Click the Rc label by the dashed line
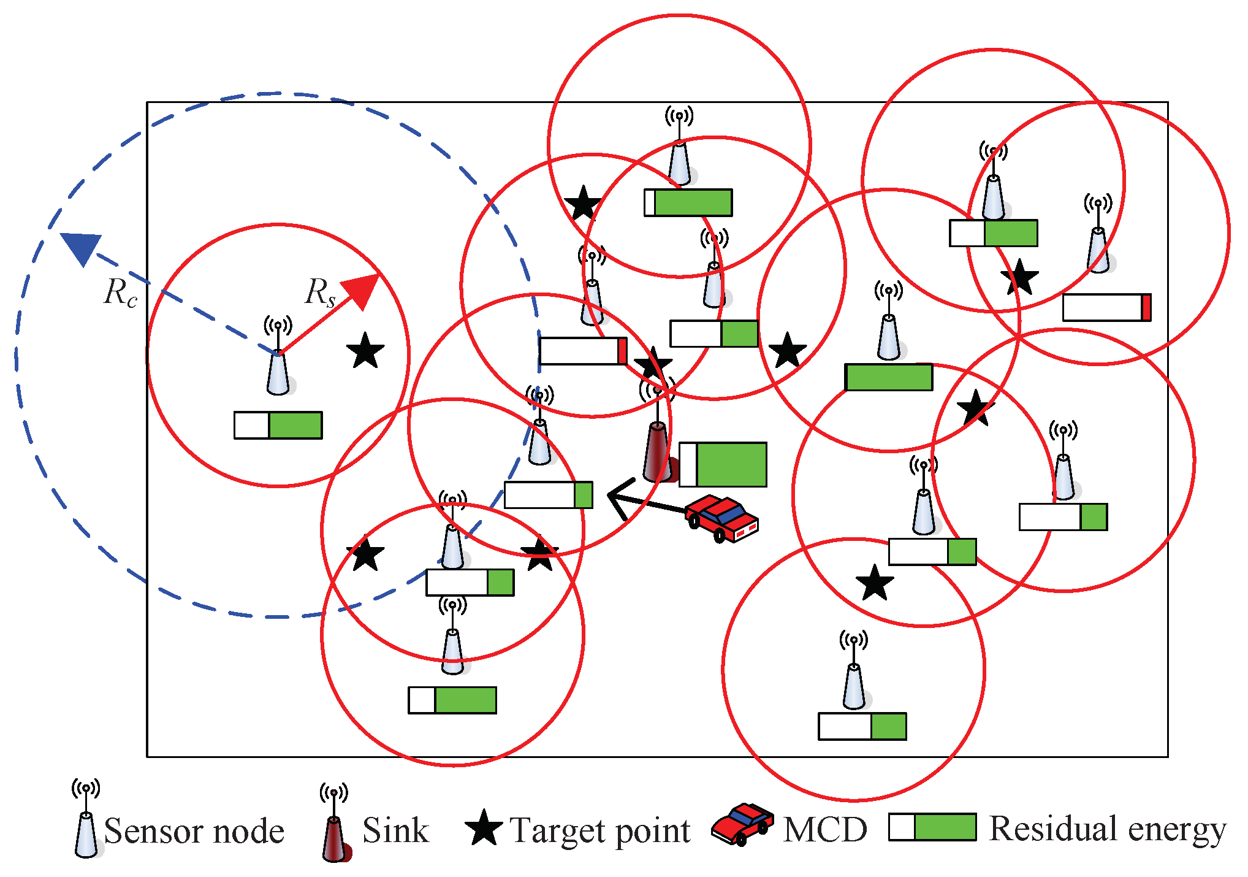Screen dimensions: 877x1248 (x=120, y=293)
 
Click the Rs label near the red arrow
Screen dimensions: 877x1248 (x=320, y=293)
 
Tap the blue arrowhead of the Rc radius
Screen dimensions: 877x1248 (x=81, y=247)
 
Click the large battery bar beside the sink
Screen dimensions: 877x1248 (x=723, y=465)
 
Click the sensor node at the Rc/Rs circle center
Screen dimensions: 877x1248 (x=278, y=372)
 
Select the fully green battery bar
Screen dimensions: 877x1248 (x=889, y=377)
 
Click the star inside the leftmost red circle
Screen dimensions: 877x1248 (x=365, y=351)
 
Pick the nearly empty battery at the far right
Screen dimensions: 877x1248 (x=1106, y=308)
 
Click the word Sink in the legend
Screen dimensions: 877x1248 (x=395, y=831)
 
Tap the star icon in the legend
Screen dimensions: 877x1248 (x=484, y=829)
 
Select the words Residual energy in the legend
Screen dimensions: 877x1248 (x=1107, y=829)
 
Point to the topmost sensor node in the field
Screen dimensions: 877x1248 (x=679, y=161)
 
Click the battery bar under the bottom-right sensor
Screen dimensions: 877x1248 (x=862, y=727)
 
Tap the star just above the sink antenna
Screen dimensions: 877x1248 (x=652, y=364)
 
